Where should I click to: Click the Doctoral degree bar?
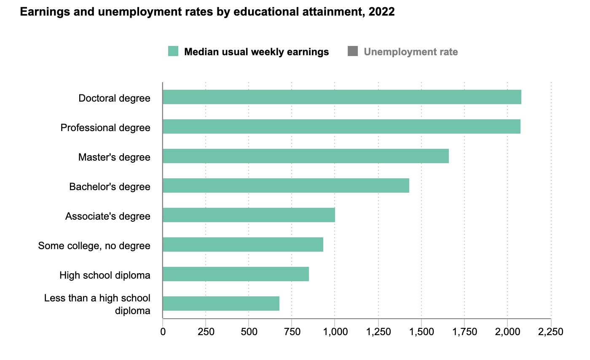(342, 97)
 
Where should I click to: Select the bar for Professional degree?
(341, 126)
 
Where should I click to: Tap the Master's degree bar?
(306, 156)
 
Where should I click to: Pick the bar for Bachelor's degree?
(286, 185)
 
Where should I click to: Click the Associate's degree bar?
(249, 215)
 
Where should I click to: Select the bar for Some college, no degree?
(243, 244)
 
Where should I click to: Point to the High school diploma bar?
(236, 274)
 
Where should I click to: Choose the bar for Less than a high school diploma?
(221, 304)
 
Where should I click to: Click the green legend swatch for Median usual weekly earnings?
(173, 51)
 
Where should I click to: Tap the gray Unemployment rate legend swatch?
(353, 51)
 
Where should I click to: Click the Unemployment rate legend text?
(411, 52)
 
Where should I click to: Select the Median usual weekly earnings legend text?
(257, 52)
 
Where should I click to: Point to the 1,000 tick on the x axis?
(335, 332)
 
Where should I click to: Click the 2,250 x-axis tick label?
(550, 332)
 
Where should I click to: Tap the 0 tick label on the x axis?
(163, 332)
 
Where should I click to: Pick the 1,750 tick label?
(464, 332)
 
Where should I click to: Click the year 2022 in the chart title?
(381, 12)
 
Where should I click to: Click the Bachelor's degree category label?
(110, 186)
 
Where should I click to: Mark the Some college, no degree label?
(94, 245)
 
